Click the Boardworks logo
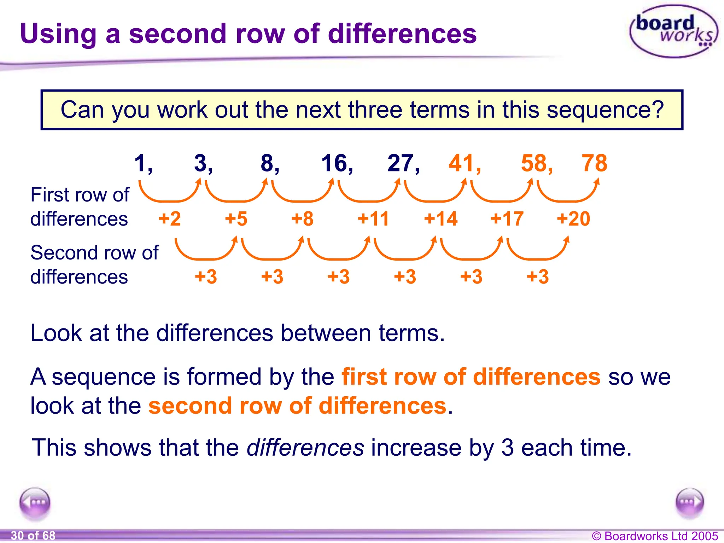coord(673,31)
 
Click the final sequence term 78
coord(594,163)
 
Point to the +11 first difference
coord(373,218)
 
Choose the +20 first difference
coord(573,218)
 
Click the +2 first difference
coord(170,218)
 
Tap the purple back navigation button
coord(35,503)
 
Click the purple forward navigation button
coord(689,503)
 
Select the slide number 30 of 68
coord(33,536)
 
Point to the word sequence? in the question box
coord(605,110)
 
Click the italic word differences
coord(305,448)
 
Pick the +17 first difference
coord(507,218)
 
